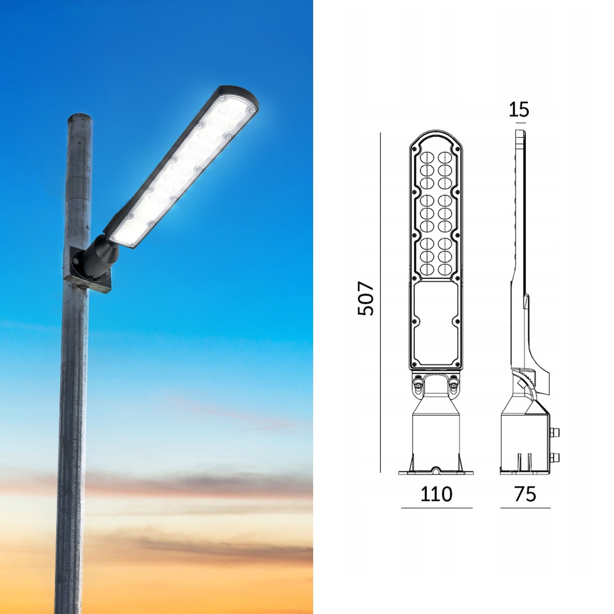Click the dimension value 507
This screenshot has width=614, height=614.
(366, 298)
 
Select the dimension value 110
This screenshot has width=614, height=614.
(436, 494)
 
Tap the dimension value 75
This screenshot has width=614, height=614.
(525, 494)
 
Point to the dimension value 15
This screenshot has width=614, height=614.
(519, 109)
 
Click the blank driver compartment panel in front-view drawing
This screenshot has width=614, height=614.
(436, 323)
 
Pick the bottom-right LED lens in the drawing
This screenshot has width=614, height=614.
(445, 269)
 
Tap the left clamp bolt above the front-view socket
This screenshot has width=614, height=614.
(418, 384)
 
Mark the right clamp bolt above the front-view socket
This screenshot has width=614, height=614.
(454, 384)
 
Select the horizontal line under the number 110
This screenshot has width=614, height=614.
(436, 508)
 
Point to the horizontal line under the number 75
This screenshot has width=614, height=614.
(525, 508)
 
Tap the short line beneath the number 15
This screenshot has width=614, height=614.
(521, 122)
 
